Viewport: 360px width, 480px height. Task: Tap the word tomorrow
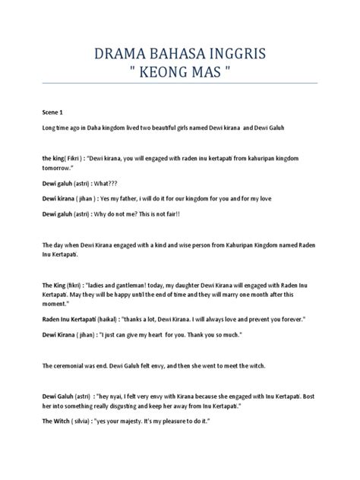click(x=62, y=170)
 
